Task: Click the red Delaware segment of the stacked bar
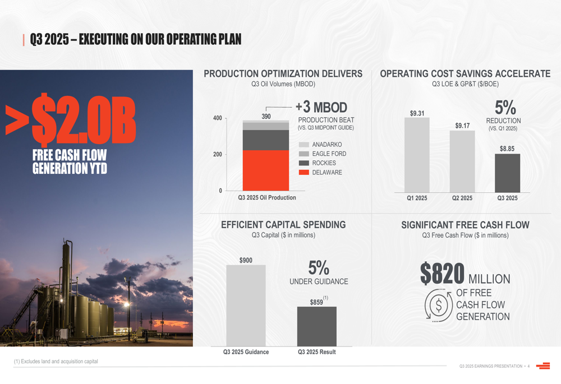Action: click(266, 170)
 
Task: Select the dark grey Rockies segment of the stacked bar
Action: click(266, 140)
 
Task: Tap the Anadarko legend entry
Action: click(320, 145)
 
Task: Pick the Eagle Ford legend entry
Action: click(322, 154)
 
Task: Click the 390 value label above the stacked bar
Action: click(266, 116)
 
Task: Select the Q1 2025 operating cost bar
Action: click(417, 155)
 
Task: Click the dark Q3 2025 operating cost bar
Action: click(507, 173)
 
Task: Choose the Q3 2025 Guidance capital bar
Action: click(246, 306)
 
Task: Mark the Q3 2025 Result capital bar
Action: click(317, 326)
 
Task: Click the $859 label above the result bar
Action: click(317, 302)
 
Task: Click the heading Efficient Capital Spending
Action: click(283, 225)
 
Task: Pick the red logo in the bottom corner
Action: click(542, 366)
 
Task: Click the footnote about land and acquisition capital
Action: click(56, 362)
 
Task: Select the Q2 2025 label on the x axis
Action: click(462, 198)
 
